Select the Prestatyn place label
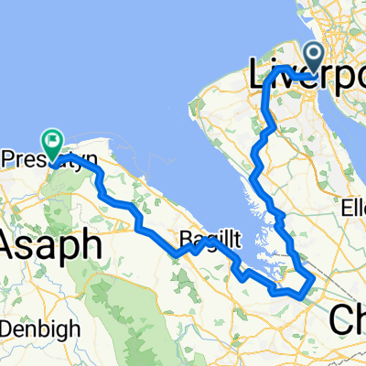coord(37,160)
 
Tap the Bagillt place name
coord(208,239)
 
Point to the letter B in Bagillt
coord(184,238)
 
